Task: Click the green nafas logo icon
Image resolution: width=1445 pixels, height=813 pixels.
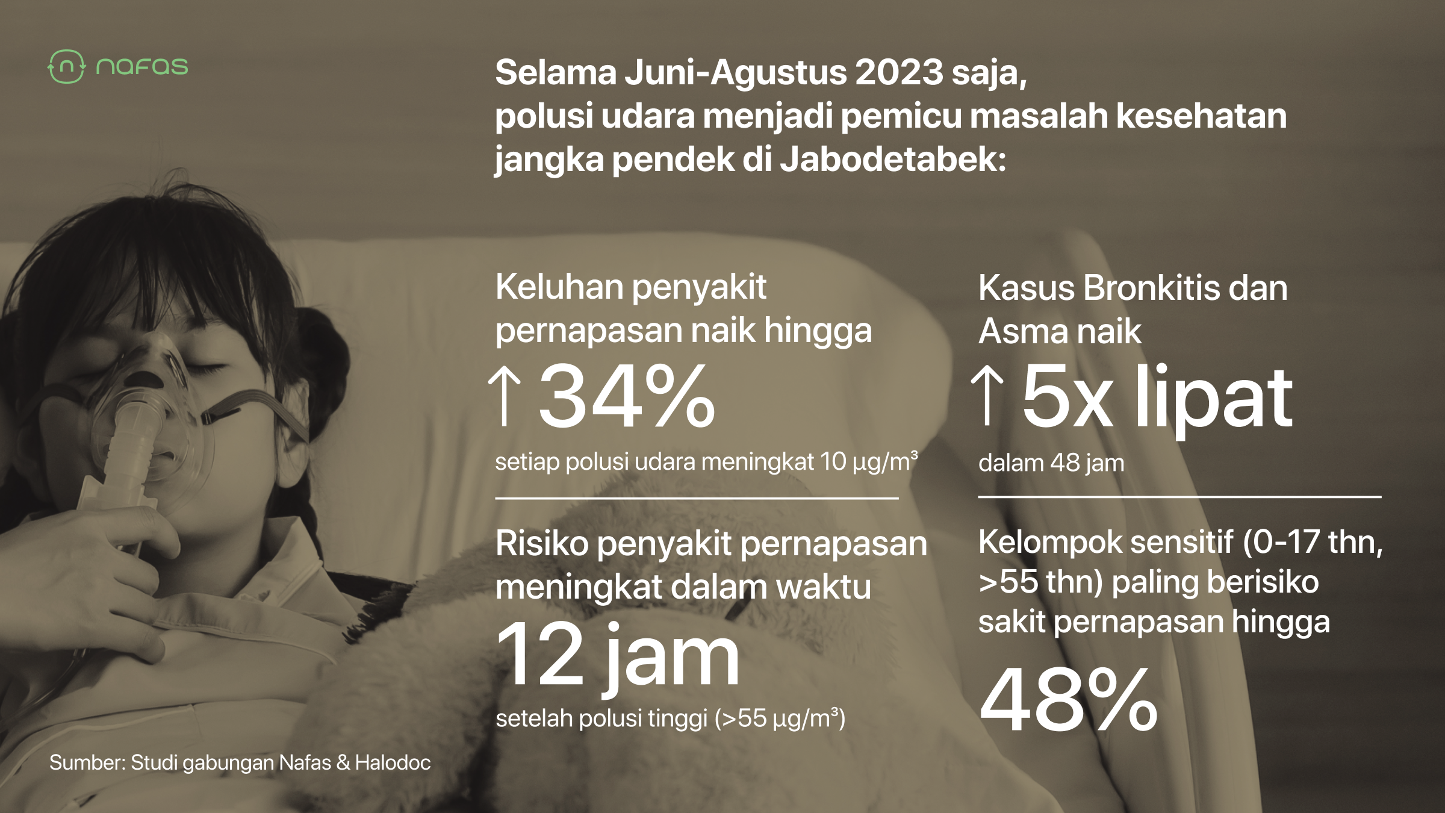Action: pyautogui.click(x=67, y=66)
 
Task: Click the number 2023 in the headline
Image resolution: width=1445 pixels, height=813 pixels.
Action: pyautogui.click(x=899, y=72)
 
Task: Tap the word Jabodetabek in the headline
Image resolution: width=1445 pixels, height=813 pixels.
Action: pyautogui.click(x=893, y=160)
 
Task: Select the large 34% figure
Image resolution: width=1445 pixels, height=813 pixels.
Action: pyautogui.click(x=627, y=396)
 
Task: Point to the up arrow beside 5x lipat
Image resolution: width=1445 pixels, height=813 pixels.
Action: pyautogui.click(x=987, y=396)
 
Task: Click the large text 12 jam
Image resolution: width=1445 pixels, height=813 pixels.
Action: pyautogui.click(x=618, y=656)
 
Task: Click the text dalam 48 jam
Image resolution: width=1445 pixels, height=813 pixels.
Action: pyautogui.click(x=1051, y=463)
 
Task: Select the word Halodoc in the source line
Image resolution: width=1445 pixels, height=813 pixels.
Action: pyautogui.click(x=393, y=762)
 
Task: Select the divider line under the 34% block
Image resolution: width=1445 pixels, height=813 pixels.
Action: pyautogui.click(x=697, y=498)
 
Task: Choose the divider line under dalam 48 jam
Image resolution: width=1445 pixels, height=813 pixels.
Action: pyautogui.click(x=1180, y=497)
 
